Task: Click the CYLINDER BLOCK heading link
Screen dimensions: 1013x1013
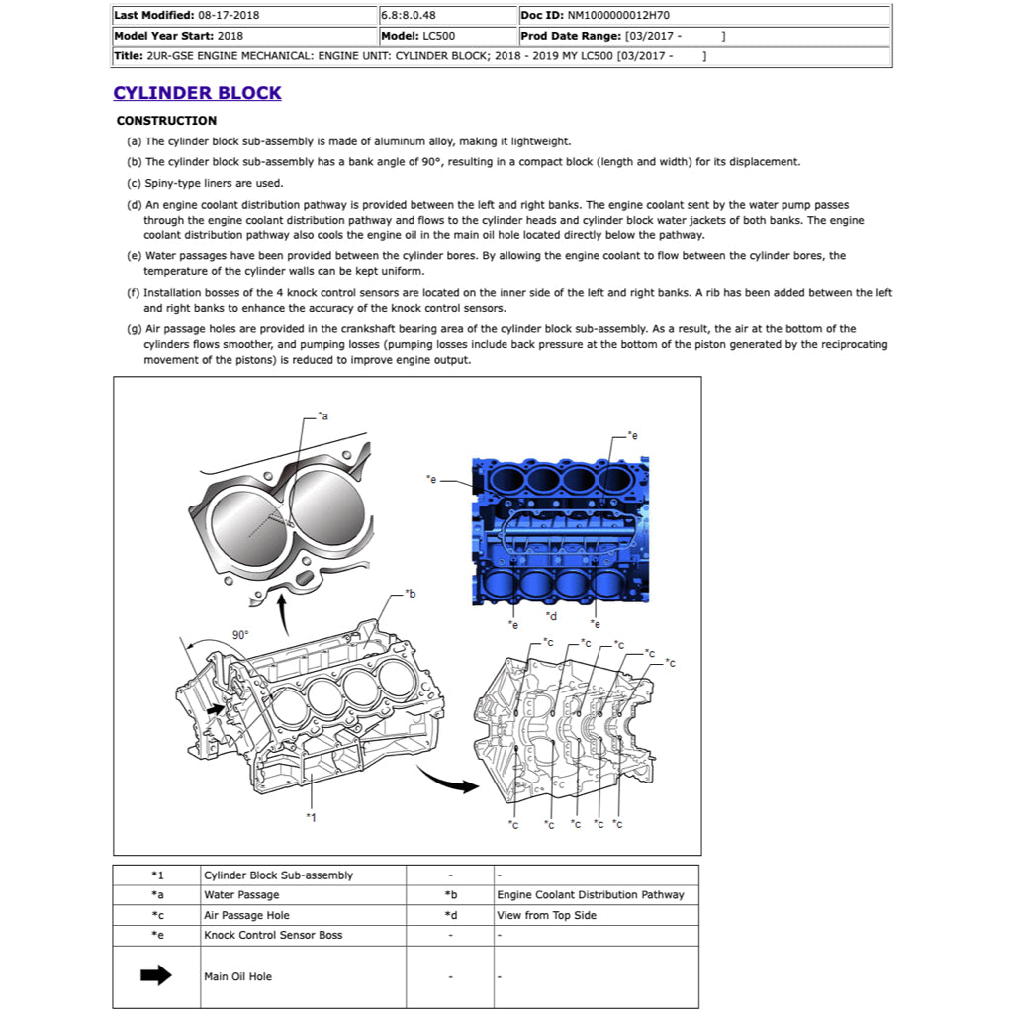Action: coord(197,93)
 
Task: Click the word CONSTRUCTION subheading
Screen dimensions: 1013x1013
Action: coord(166,121)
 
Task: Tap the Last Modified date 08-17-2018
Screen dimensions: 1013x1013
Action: coord(230,16)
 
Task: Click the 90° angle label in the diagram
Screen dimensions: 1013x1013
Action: coord(240,635)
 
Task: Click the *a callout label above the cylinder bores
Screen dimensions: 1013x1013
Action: coord(322,416)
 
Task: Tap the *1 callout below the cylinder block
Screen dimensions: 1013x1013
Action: coord(311,817)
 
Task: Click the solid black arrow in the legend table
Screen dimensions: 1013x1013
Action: coord(156,976)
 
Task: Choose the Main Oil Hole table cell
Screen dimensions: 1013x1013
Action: coord(237,976)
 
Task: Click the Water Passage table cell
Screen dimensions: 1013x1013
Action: coord(241,895)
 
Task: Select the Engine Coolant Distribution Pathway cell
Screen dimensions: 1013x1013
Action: coord(590,895)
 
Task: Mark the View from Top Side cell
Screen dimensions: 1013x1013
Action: coord(546,915)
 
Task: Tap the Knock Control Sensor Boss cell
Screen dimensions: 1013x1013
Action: coord(273,935)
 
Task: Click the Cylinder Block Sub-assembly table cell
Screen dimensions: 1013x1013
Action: coord(278,875)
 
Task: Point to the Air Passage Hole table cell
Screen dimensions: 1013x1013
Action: coord(246,915)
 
